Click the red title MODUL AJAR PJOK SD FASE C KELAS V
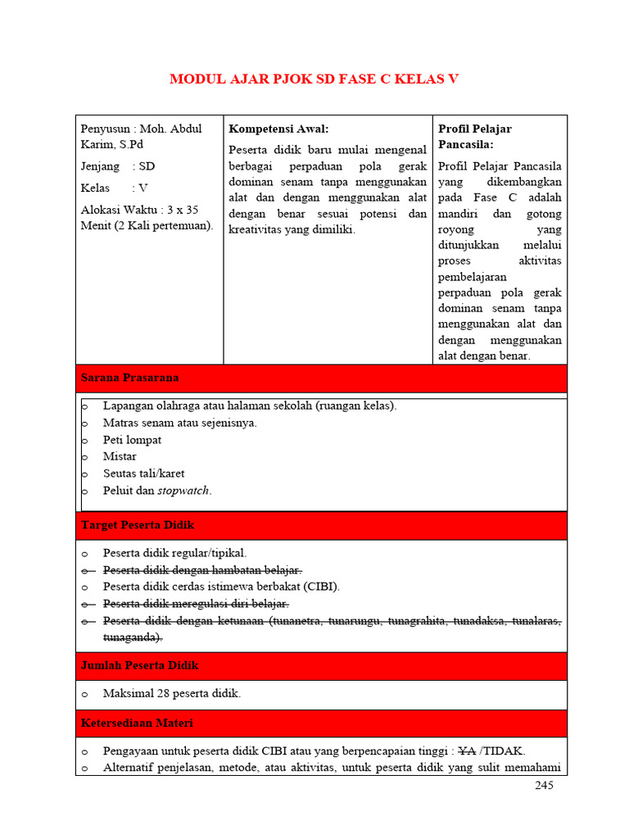pos(314,79)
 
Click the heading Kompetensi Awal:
pos(278,129)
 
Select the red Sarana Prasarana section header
pos(129,378)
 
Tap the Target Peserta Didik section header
pos(137,524)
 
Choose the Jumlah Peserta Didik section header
pos(139,665)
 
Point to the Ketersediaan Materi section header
pos(137,723)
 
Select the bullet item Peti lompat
pos(132,440)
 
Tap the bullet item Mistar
pos(120,456)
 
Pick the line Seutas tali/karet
pos(143,474)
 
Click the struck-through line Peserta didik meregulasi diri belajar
pos(196,604)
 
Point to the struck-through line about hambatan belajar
pos(202,569)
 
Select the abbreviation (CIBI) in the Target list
pos(321,587)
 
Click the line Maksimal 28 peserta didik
pos(172,694)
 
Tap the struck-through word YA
pos(467,751)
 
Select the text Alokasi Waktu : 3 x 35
pos(139,210)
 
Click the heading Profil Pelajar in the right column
pos(474,129)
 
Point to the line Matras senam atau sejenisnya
pos(179,423)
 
